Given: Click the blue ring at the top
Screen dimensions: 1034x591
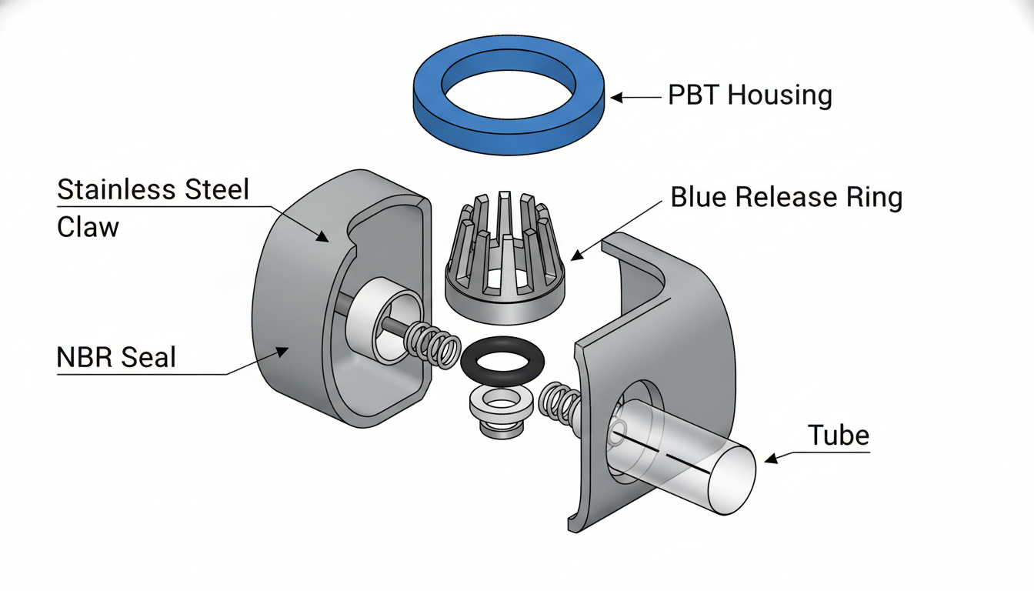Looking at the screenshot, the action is [508, 139].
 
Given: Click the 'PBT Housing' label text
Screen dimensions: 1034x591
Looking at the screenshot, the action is [750, 95].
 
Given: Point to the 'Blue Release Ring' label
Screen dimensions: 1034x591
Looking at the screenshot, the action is [786, 197].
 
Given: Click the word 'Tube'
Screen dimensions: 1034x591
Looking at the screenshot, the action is [839, 435].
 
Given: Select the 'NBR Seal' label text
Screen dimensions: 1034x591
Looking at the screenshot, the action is [116, 357].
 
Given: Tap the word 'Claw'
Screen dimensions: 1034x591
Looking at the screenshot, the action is [88, 227].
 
